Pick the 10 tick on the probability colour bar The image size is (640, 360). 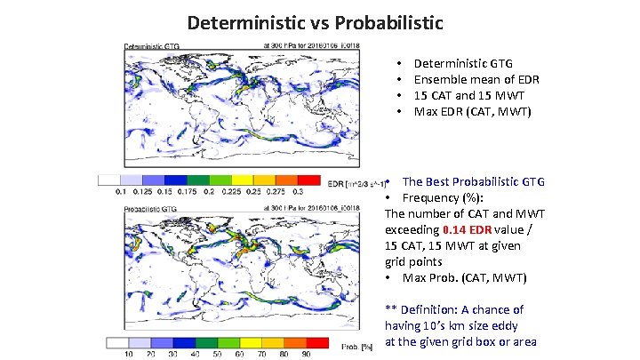(x=126, y=354)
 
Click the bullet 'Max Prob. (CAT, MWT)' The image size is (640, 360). (x=464, y=278)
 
